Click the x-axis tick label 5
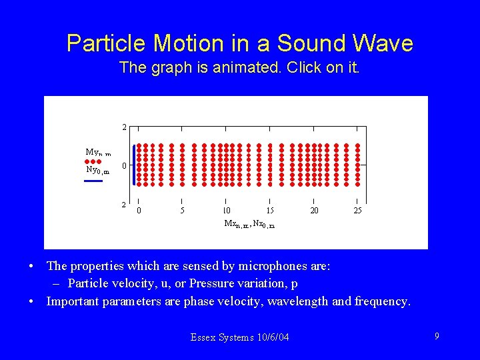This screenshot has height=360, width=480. tap(182, 211)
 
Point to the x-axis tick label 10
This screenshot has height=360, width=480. tap(227, 211)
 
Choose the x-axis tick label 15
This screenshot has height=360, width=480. tap(270, 211)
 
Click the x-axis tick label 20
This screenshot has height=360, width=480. tap(314, 211)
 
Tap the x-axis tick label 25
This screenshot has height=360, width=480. tap(358, 211)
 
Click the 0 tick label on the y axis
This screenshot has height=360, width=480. tap(124, 165)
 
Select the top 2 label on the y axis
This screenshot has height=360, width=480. tap(124, 127)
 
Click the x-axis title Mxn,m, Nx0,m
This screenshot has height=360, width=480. tap(249, 224)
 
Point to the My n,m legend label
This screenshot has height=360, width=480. tap(97, 153)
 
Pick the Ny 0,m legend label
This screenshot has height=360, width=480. tap(97, 170)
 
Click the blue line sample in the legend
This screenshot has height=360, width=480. tap(93, 180)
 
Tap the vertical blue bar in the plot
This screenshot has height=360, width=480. tap(134, 165)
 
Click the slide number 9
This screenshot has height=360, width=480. tap(437, 337)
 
